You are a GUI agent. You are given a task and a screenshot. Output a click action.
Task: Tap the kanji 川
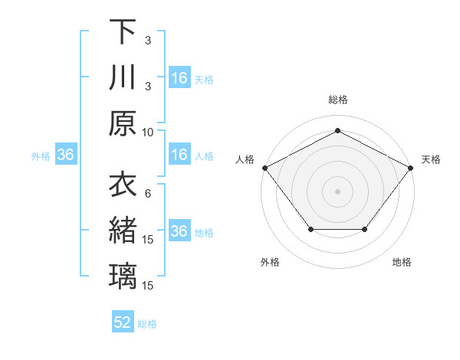coord(123,77)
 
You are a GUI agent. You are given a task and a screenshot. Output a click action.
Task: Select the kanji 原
coord(123,123)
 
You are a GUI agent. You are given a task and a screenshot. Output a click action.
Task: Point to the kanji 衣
coord(123,185)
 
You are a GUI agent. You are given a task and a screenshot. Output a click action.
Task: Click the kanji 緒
coord(123,231)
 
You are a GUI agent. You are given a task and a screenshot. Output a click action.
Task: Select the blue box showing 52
coord(123,322)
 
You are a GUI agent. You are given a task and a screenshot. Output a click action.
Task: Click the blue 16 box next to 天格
coord(179,77)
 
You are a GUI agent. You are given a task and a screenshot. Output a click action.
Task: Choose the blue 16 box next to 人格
coord(179,155)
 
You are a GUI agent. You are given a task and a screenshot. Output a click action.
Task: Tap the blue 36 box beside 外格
coord(66,155)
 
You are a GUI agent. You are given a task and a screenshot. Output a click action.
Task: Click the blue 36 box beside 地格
coord(179,231)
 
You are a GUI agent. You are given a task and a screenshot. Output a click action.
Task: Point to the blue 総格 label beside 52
coord(147,324)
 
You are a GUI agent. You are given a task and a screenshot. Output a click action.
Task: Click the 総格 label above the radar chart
coord(337,99)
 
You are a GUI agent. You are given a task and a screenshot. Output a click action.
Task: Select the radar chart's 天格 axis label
coord(431,159)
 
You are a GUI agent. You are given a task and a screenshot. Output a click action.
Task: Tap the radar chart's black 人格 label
coord(245,159)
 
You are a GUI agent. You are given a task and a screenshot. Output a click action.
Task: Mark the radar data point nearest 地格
coord(364,229)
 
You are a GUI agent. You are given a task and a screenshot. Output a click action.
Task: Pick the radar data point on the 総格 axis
coord(337,130)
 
